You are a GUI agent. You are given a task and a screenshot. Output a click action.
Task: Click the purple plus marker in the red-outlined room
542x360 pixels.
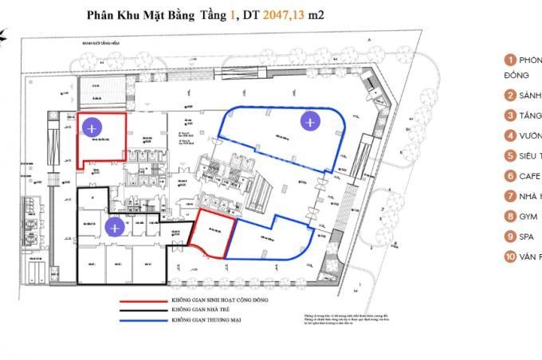[x=92, y=127]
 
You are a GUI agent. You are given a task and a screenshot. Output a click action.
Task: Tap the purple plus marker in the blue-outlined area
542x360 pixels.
[x=309, y=121]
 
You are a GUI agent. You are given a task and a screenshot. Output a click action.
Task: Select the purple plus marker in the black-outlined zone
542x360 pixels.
[x=115, y=228]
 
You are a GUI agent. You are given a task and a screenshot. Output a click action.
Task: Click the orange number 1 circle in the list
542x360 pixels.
[x=509, y=61]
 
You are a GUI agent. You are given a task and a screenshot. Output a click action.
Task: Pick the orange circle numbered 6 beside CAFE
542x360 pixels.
[x=509, y=176]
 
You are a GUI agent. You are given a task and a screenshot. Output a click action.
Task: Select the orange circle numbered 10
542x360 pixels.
[x=509, y=256]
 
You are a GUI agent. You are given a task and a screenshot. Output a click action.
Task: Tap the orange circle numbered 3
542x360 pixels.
[x=509, y=115]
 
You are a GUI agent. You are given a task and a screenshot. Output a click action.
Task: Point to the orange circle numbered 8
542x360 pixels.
[x=509, y=216]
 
